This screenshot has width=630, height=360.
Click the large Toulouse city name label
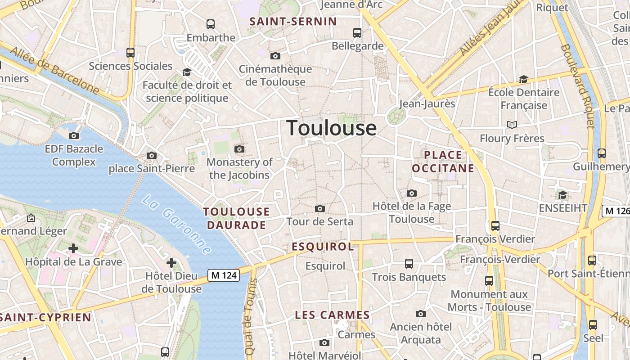pos(331,128)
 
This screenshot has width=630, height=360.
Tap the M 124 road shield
pos(224,275)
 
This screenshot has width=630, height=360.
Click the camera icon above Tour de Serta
pos(320,208)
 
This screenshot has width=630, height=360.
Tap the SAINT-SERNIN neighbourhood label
pos(293,22)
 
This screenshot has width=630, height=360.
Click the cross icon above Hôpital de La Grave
pos(73,248)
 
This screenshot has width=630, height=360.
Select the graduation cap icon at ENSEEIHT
pos(562,195)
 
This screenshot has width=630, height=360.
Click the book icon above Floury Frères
pos(512,125)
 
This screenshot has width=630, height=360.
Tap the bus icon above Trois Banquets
pos(409,264)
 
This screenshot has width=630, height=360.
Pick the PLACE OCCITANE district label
pos(443,162)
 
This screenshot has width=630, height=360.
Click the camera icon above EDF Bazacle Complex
pos(74,135)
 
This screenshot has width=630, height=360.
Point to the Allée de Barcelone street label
pos(54,70)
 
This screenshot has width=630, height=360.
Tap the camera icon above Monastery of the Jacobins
pos(239,149)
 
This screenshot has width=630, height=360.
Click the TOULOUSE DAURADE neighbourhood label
pos(236,218)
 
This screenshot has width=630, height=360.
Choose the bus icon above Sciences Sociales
pos(130,52)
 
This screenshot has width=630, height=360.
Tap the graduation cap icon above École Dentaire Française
pos(523,79)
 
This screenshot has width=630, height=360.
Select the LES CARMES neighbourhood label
pos(332,315)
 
